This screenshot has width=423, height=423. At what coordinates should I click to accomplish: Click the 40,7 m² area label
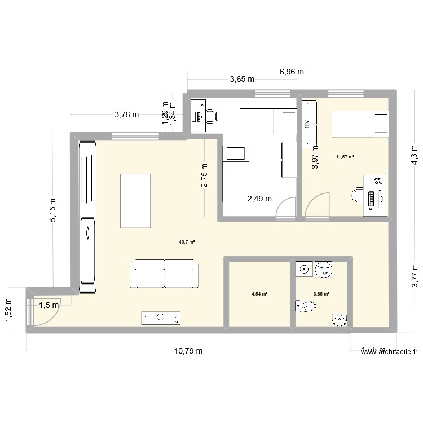(187, 242)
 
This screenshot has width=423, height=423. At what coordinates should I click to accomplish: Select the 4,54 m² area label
(259, 294)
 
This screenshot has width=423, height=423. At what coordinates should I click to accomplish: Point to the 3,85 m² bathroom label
(321, 294)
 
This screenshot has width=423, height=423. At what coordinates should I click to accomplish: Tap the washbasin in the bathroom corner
(339, 320)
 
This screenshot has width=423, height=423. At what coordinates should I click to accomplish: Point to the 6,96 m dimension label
(292, 72)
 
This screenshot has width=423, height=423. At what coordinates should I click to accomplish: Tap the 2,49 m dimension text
(259, 199)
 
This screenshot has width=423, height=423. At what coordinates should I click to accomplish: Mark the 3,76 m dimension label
(126, 114)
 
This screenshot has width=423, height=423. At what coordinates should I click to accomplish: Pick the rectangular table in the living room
(135, 200)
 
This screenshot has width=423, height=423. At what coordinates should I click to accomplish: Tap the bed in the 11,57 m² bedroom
(359, 124)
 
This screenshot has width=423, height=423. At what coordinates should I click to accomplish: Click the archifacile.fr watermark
(390, 351)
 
